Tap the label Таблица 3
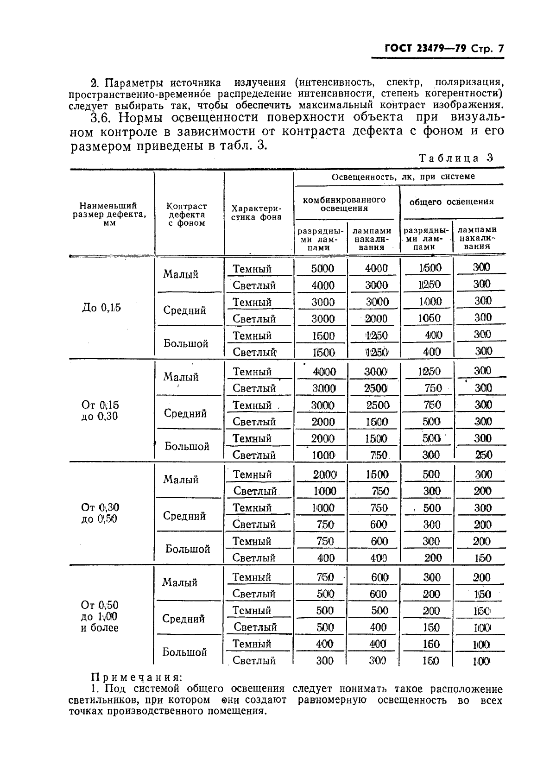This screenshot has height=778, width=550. [455, 158]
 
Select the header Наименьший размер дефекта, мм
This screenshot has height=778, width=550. [108, 214]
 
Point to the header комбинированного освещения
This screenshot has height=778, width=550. [344, 204]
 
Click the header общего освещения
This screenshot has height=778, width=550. [451, 202]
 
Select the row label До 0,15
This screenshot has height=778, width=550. [101, 308]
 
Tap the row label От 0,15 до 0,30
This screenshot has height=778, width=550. [100, 411]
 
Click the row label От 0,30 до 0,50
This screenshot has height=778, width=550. [100, 513]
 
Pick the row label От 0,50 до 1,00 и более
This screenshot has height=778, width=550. [100, 616]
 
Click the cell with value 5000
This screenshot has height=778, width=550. [322, 268]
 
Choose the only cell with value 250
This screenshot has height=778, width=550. [483, 455]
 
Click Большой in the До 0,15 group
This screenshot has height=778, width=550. [186, 343]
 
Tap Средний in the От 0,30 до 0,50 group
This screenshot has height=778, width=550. [184, 516]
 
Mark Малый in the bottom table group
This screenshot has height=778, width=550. [180, 582]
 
